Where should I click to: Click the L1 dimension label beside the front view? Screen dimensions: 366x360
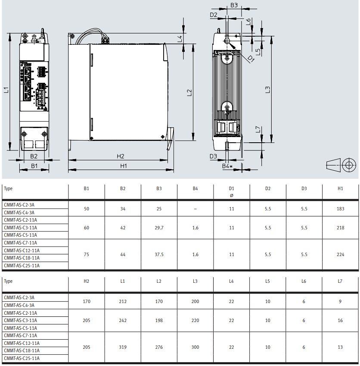point(6,90)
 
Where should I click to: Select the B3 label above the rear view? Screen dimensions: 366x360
point(234,5)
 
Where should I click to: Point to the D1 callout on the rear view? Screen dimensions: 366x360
point(251,59)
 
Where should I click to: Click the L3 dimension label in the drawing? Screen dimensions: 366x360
point(267,90)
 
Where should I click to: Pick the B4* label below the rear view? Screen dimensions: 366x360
point(227,166)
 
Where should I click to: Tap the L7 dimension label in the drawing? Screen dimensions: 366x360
point(258,129)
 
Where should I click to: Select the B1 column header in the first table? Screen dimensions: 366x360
point(87,188)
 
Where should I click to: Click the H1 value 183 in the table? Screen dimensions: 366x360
point(340,209)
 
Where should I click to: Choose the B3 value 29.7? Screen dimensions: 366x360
point(159,228)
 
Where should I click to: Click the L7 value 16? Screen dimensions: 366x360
point(340,320)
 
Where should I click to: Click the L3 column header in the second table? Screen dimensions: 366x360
point(195,282)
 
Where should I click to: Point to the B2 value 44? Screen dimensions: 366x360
point(123,254)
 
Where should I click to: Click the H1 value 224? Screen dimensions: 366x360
point(340,254)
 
